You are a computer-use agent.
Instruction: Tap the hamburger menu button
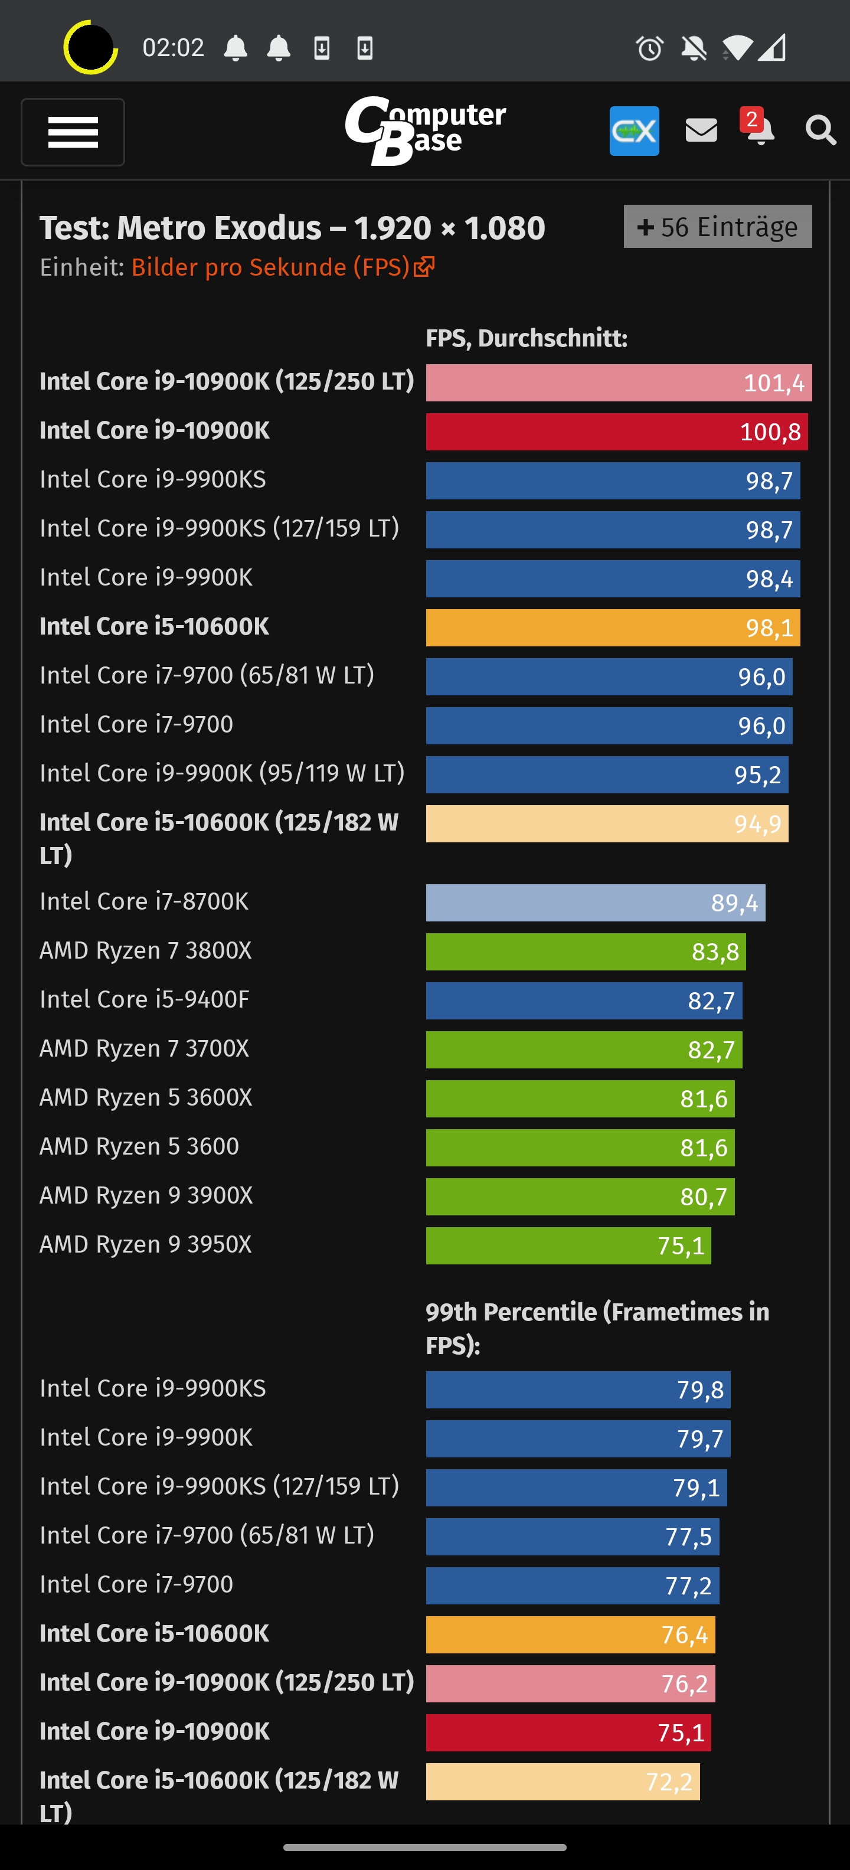(x=73, y=132)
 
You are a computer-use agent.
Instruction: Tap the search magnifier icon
(x=820, y=130)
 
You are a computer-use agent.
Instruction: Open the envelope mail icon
(x=701, y=130)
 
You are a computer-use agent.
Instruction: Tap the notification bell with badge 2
(x=759, y=129)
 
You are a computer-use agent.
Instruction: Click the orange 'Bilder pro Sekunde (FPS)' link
(x=282, y=267)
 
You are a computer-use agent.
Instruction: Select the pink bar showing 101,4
(x=619, y=382)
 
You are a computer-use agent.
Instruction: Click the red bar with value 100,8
(x=616, y=432)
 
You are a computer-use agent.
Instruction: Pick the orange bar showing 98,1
(x=613, y=627)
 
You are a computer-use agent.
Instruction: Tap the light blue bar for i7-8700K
(x=595, y=903)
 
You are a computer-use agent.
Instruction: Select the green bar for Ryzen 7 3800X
(x=585, y=952)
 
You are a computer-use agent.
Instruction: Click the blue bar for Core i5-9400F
(x=584, y=1001)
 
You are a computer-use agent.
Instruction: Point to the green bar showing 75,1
(x=568, y=1245)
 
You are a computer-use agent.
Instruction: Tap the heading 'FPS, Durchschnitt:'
(x=527, y=338)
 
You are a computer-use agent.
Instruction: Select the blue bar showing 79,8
(x=578, y=1390)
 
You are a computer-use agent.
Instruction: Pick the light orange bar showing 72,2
(x=563, y=1781)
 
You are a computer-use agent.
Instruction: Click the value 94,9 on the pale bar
(x=757, y=824)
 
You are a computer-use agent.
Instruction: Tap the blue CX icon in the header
(x=634, y=130)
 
